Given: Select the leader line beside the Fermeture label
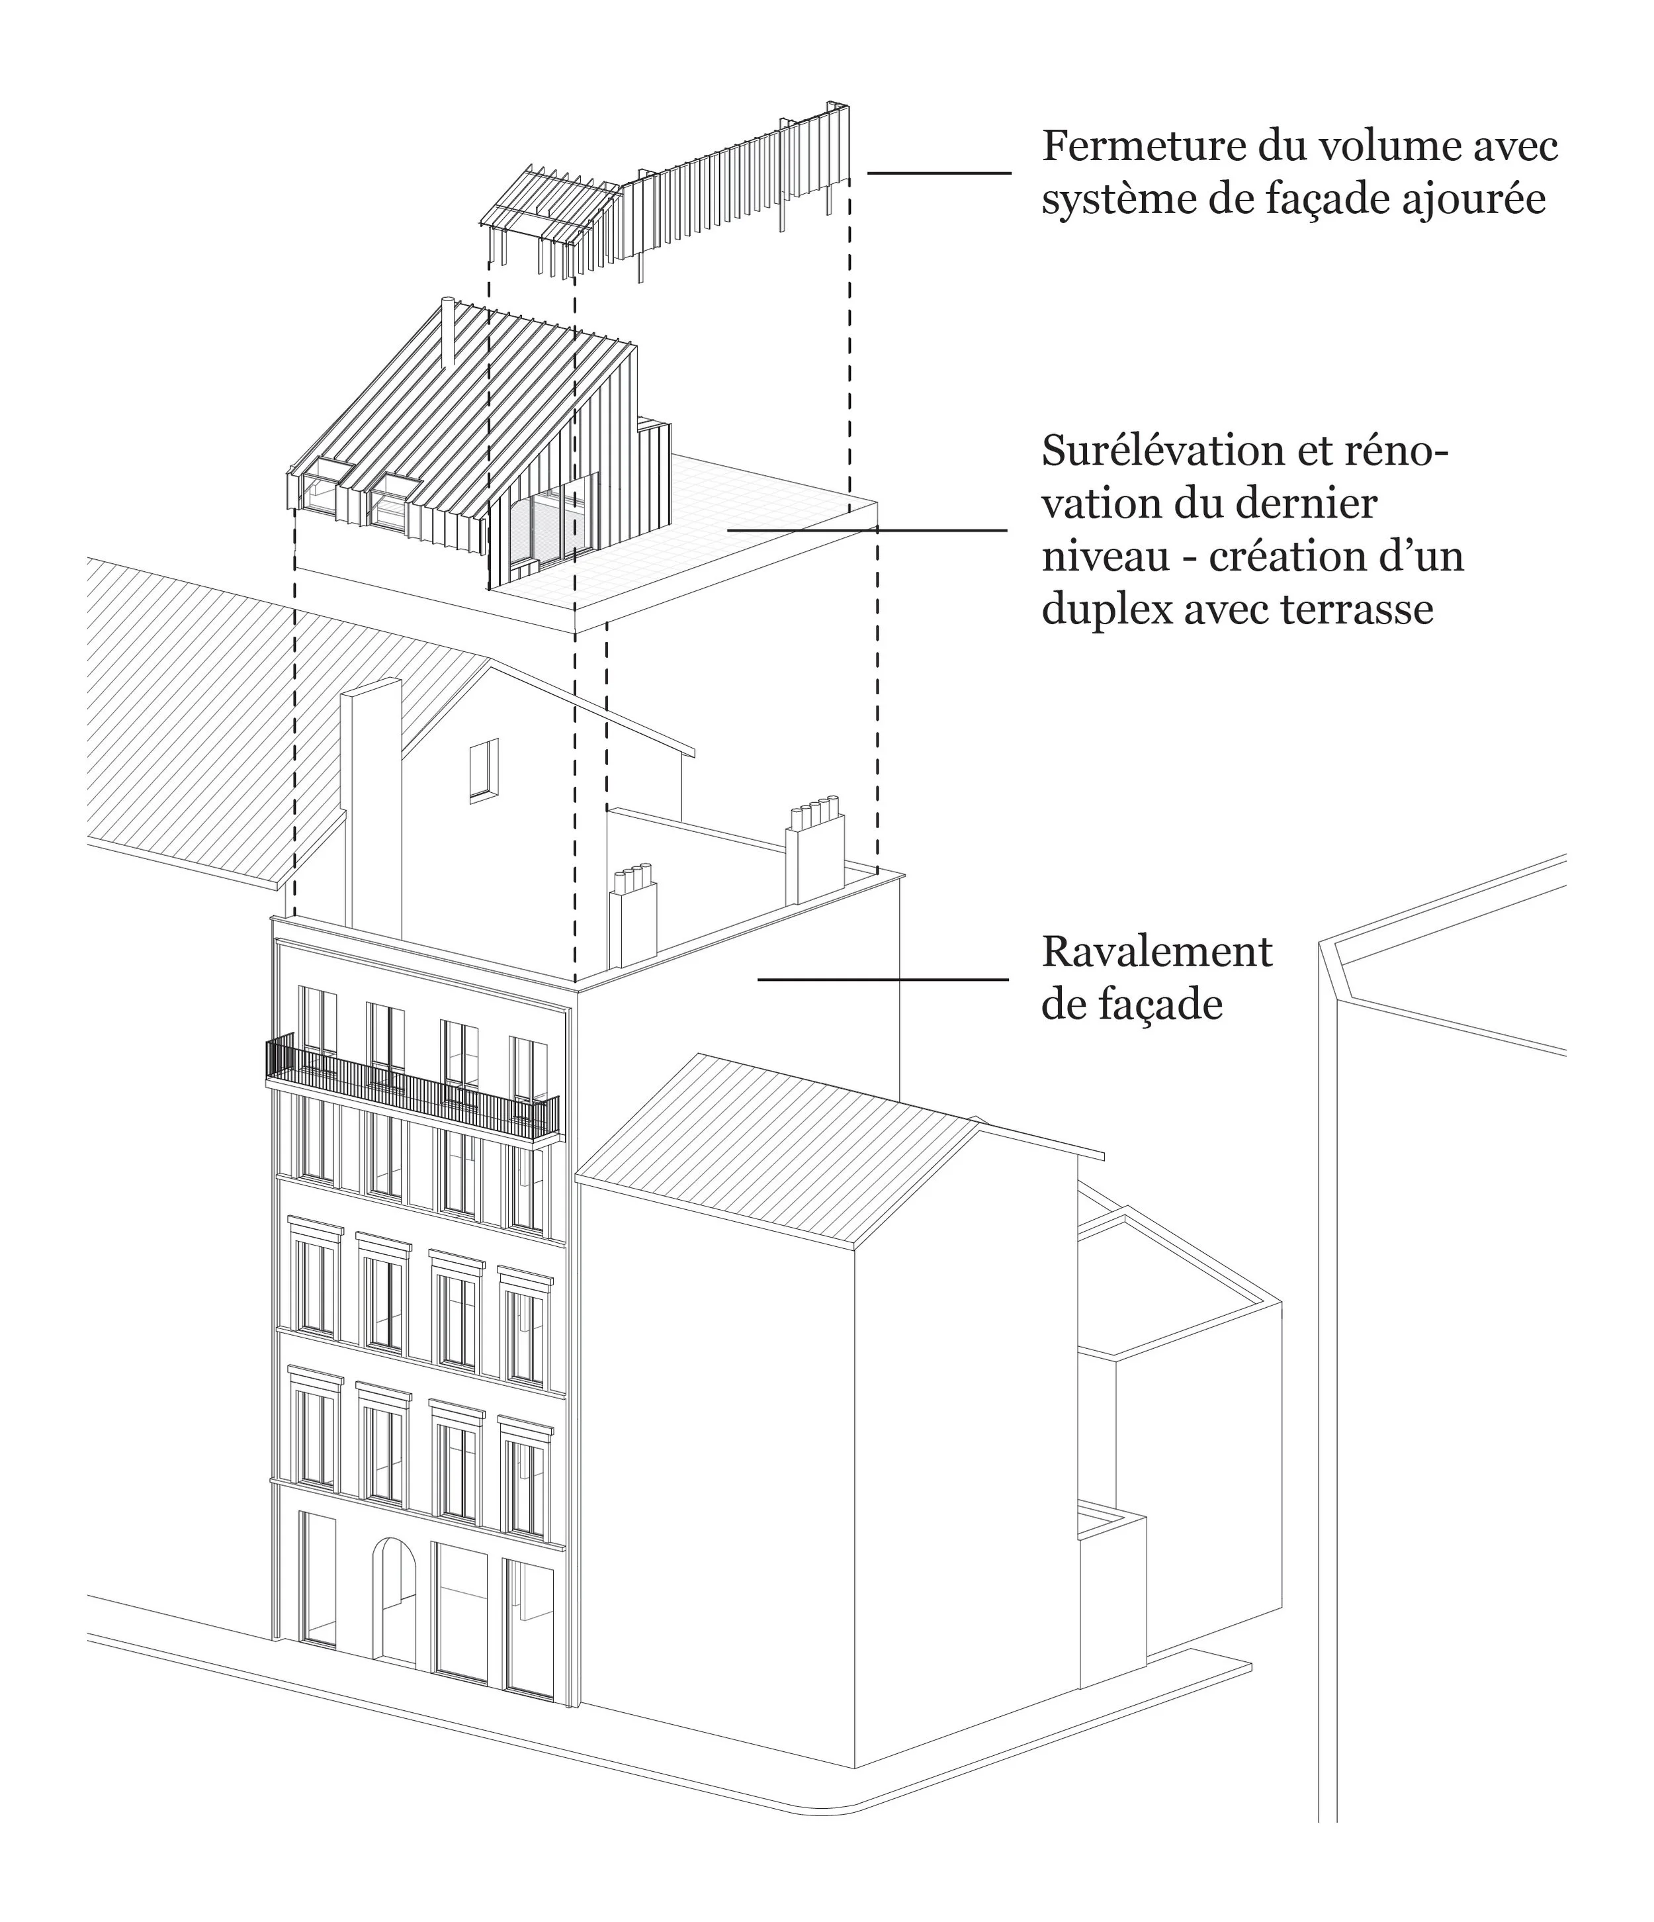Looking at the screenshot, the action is coord(939,173).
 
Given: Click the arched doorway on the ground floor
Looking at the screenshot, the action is coord(395,1600).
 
